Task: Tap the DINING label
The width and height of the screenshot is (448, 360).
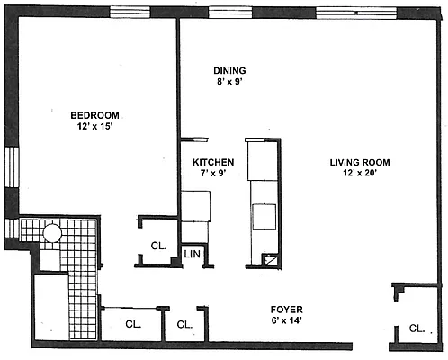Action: pyautogui.click(x=229, y=70)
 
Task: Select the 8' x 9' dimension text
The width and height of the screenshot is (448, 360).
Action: pyautogui.click(x=229, y=83)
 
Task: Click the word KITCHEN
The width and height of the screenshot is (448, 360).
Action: pyautogui.click(x=213, y=162)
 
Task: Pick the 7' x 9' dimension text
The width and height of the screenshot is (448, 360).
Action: pyautogui.click(x=213, y=175)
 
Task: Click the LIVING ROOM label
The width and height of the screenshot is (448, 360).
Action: pyautogui.click(x=357, y=163)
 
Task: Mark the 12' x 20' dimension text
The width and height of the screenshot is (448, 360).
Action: pyautogui.click(x=357, y=175)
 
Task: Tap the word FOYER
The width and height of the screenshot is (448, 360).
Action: pyautogui.click(x=288, y=309)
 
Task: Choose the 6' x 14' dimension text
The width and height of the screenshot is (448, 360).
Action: pyautogui.click(x=288, y=321)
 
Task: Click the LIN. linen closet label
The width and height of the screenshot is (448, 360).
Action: pyautogui.click(x=194, y=256)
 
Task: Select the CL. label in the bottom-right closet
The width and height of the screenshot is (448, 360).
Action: pyautogui.click(x=417, y=328)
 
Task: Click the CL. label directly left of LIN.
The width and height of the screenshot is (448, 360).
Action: pyautogui.click(x=159, y=245)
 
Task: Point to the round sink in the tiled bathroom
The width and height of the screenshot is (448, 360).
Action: pyautogui.click(x=51, y=233)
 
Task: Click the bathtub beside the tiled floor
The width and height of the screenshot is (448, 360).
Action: pyautogui.click(x=51, y=305)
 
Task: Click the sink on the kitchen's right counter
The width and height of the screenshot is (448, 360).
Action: pyautogui.click(x=264, y=217)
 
